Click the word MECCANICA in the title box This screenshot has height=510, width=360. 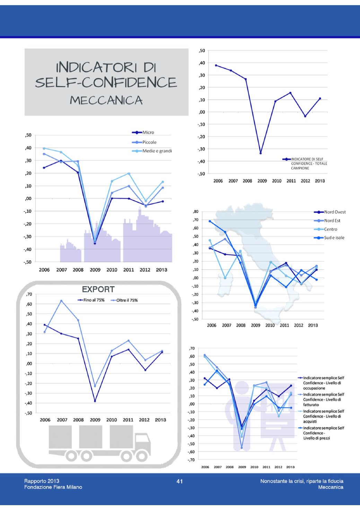106,100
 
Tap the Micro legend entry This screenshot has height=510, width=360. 148,132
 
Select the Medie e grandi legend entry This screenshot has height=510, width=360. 157,151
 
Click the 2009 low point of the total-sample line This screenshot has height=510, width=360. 261,153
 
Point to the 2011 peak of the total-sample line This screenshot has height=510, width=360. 290,93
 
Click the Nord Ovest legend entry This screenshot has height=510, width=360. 334,212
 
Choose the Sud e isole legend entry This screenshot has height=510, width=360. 334,238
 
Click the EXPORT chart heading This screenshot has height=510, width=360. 98,289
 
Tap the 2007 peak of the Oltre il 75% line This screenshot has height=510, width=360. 61,301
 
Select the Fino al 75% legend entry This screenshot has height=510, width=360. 94,300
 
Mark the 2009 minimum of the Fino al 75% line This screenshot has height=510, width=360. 95,401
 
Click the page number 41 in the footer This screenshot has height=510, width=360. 179,481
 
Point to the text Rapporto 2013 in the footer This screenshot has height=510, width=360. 42,481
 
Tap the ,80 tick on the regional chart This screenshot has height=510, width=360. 196,211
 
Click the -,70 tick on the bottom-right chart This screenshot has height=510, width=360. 191,460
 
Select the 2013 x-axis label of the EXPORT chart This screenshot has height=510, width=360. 160,420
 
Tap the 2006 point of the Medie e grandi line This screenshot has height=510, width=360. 44,148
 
